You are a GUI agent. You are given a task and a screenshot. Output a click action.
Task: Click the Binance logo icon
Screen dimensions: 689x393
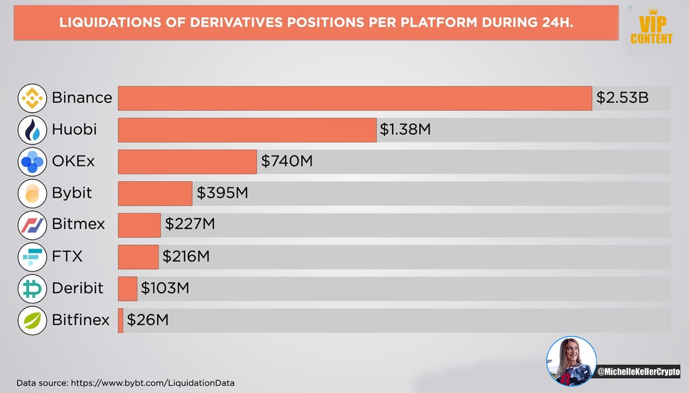click(x=32, y=98)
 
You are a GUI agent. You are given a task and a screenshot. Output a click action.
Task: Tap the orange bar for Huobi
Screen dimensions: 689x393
click(x=247, y=130)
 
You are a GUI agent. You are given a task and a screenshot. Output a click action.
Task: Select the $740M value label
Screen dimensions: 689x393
click(x=287, y=161)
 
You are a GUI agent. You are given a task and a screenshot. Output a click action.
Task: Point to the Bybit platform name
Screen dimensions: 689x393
click(x=72, y=193)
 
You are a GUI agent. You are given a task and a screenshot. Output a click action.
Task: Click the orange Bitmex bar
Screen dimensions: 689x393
click(x=140, y=225)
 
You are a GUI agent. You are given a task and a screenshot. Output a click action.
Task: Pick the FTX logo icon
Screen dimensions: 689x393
click(x=32, y=257)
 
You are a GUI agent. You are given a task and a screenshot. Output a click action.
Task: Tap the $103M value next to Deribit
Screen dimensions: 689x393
click(x=165, y=288)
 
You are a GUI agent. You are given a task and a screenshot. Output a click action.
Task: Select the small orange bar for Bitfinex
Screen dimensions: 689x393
click(x=121, y=321)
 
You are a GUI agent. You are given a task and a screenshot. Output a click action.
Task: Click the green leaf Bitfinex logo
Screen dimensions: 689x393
click(x=32, y=320)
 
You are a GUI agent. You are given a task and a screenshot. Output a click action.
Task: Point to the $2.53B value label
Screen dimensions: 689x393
click(x=622, y=97)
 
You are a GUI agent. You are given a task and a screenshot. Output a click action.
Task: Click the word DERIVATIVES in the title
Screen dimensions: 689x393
click(x=236, y=23)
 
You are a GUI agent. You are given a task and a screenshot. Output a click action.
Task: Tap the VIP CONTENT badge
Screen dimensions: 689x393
click(x=651, y=27)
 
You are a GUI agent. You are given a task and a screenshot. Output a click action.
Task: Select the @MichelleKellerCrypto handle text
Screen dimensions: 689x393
click(x=638, y=372)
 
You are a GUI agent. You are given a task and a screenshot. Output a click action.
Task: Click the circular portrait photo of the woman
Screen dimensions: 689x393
click(x=571, y=361)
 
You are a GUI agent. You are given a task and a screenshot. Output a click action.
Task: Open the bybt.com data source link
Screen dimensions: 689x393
click(x=152, y=383)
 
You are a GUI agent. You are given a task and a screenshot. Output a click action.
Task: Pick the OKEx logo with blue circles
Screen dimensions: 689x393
click(x=32, y=162)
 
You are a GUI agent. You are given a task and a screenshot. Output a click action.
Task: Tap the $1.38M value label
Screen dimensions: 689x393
click(x=405, y=129)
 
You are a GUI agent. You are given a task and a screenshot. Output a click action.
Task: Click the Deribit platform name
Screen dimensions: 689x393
click(x=78, y=288)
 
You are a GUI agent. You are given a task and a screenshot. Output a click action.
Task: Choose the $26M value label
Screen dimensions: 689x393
click(x=148, y=320)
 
